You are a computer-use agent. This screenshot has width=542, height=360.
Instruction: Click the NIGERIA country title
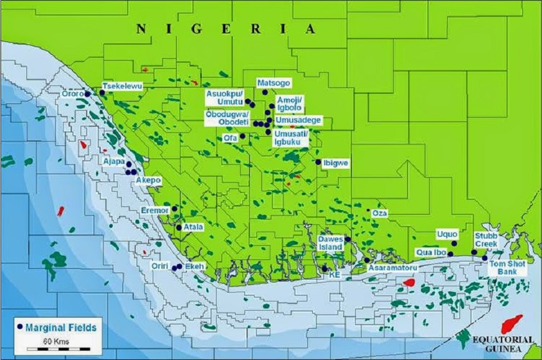[x=226, y=29]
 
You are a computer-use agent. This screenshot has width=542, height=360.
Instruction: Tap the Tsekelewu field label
[x=123, y=86]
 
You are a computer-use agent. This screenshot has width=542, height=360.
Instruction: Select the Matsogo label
[x=273, y=82]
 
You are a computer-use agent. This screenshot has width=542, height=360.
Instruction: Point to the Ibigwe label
[x=336, y=163]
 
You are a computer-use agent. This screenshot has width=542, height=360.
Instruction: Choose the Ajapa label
[x=115, y=161]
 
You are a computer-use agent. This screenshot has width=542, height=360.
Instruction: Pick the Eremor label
[x=155, y=211]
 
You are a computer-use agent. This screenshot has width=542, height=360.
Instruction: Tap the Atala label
[x=194, y=227]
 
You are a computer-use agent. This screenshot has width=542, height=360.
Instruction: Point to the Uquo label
[x=447, y=233]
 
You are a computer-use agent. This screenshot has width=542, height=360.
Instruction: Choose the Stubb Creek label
[x=486, y=240]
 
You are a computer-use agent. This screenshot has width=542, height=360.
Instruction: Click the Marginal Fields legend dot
[x=20, y=326]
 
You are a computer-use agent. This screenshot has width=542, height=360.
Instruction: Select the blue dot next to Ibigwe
[x=318, y=162]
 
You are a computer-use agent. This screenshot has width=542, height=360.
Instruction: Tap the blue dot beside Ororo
[x=88, y=94]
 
